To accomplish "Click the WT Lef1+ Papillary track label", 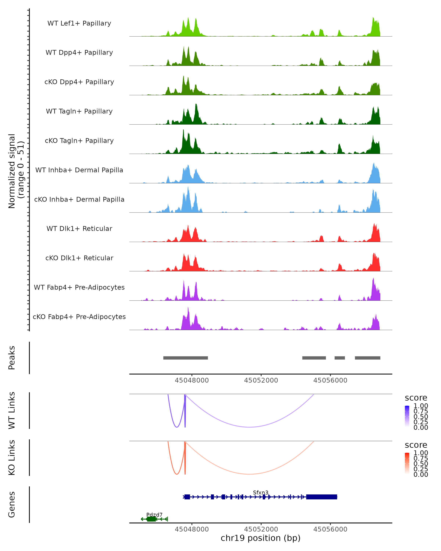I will [79, 23].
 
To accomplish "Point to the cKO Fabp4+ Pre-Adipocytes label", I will [79, 317].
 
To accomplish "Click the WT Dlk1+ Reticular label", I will [79, 228].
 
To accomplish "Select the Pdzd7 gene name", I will [154, 514].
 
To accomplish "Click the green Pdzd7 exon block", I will [151, 519].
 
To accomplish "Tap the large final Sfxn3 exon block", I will [321, 497].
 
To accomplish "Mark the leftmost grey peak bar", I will [185, 358].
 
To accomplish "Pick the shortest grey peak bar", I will [340, 358].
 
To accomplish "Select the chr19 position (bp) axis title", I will [261, 538].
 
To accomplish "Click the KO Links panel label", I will [12, 458].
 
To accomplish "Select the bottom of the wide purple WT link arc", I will [250, 427].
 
